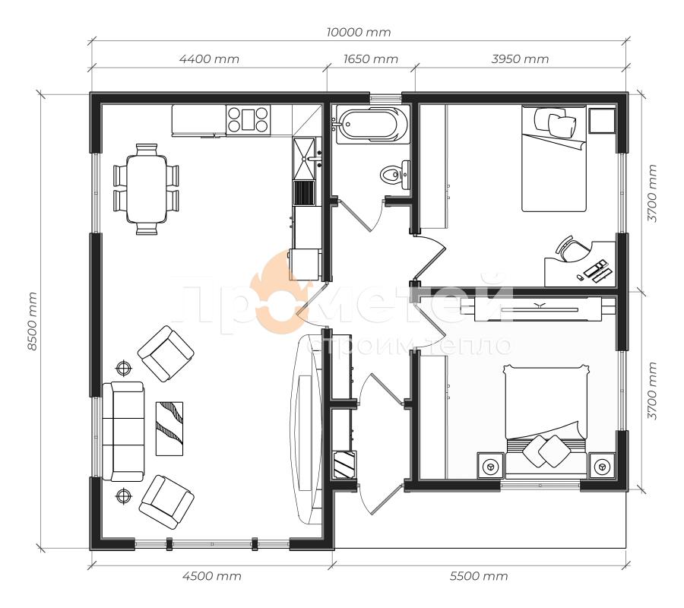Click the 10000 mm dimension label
coord(359,32)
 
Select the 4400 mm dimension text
coord(210,59)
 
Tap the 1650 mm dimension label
coord(370,59)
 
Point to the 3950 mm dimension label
coord(520,59)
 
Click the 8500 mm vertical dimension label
coord(32,321)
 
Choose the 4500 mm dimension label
coord(211,576)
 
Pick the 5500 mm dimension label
coord(479,576)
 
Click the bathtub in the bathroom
coord(373,125)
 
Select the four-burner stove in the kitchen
coord(248,119)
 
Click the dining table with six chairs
coord(146,189)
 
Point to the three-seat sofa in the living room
coord(123,432)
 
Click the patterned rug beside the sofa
coord(169,429)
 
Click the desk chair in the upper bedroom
coord(572,249)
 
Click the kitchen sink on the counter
coord(305,159)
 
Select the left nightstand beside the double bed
coord(491,466)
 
